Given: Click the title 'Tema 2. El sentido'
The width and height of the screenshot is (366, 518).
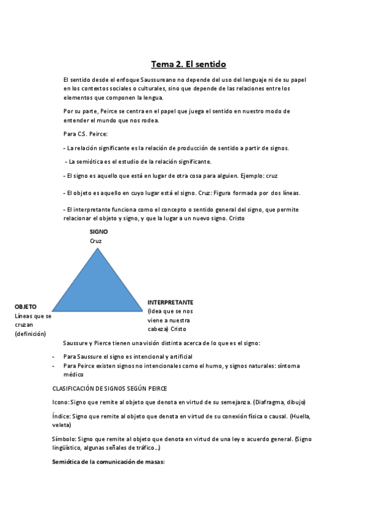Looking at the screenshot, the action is pyautogui.click(x=188, y=64).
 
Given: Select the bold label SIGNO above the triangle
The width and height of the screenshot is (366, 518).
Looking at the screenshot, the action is pyautogui.click(x=98, y=232).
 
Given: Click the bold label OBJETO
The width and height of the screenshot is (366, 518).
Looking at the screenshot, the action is pyautogui.click(x=26, y=306).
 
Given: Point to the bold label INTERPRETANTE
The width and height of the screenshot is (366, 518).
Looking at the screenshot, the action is pyautogui.click(x=170, y=302).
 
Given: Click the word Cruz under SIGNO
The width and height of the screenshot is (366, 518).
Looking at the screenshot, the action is pyautogui.click(x=95, y=241).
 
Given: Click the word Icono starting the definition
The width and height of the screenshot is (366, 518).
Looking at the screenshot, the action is pyautogui.click(x=60, y=401).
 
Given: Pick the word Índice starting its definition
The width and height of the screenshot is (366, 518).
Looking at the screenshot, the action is pyautogui.click(x=61, y=416).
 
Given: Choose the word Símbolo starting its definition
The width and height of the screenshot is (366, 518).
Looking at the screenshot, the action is pyautogui.click(x=64, y=439).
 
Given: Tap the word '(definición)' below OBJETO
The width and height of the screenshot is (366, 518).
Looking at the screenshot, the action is pyautogui.click(x=31, y=334).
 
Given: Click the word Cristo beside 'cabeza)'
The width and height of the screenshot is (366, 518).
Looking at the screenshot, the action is pyautogui.click(x=178, y=329).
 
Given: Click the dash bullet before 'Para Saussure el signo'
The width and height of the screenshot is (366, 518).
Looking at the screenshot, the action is pyautogui.click(x=54, y=356).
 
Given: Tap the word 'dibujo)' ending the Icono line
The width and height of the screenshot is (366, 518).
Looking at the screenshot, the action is pyautogui.click(x=294, y=401).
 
